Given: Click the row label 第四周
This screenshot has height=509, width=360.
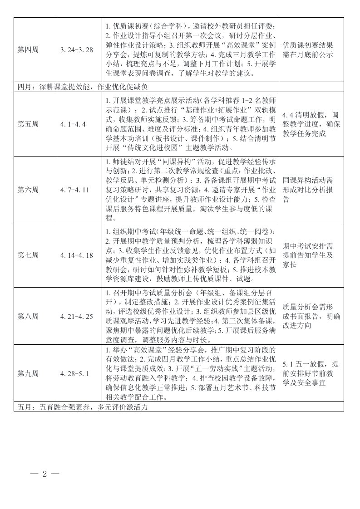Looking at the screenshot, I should [28, 49].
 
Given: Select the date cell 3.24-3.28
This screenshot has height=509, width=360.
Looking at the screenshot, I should [77, 49].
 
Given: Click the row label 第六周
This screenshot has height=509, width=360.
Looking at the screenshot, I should [28, 189].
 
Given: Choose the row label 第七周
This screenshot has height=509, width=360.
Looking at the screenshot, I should [28, 255].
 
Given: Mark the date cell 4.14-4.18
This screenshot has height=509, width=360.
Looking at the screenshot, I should [76, 255].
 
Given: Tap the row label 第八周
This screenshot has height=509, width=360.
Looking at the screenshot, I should [28, 316].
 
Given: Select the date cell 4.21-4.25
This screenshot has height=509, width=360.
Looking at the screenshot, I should [76, 316].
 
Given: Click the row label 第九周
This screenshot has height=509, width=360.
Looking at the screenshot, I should [28, 373].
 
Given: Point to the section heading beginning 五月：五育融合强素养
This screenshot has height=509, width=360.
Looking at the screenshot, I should [82, 407].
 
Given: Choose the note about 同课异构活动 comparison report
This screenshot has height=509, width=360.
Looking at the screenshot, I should [311, 189].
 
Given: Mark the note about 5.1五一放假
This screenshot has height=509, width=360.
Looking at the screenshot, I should [311, 373].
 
